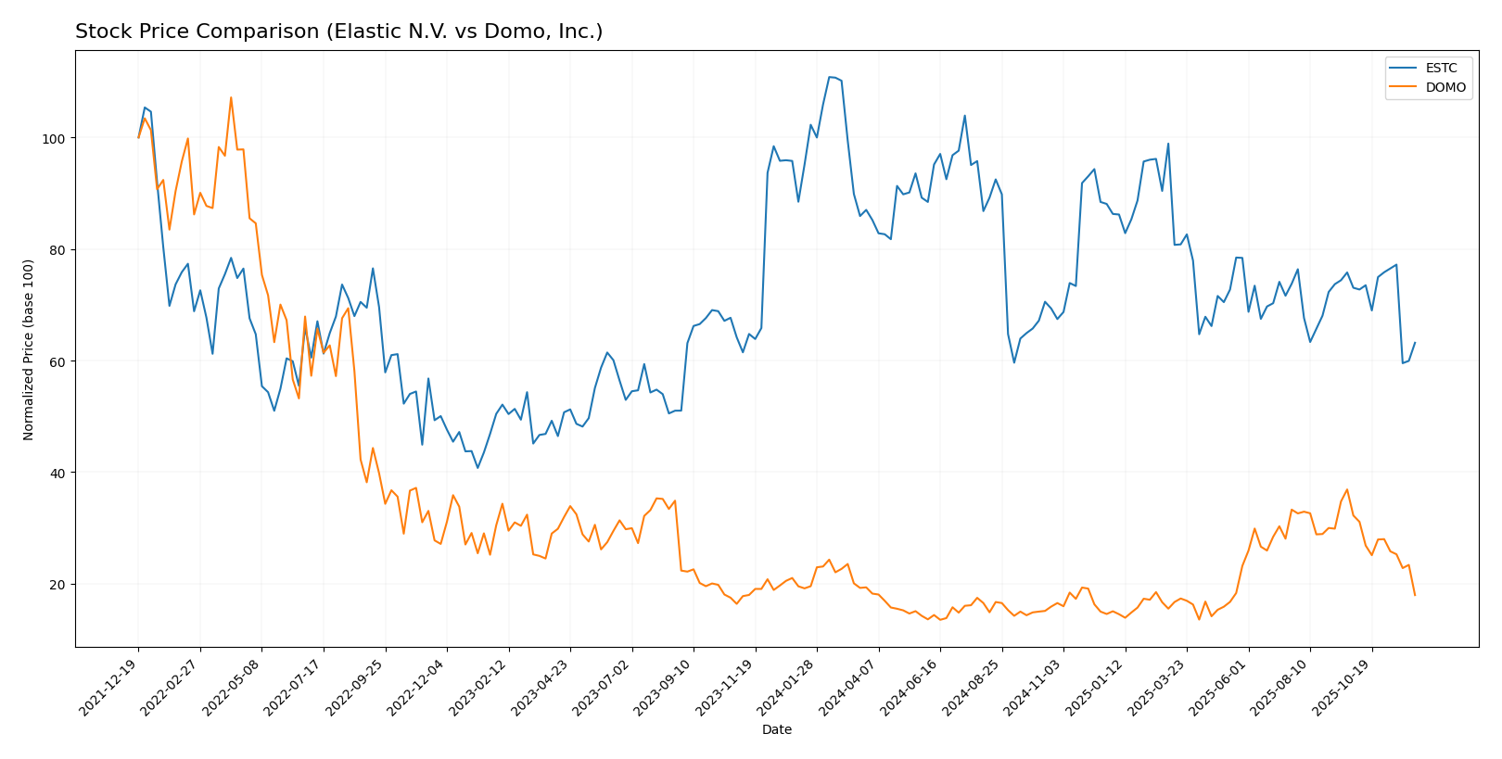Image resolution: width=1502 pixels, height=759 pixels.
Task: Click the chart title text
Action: point(338,32)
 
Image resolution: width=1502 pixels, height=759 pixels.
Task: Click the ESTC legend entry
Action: point(1427,69)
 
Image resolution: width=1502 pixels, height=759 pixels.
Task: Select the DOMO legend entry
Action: point(1427,88)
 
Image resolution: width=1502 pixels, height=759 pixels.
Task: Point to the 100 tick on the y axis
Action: point(57,138)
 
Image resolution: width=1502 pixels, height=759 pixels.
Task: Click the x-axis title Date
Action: point(776,730)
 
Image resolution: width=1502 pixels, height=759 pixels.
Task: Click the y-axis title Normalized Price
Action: point(29,349)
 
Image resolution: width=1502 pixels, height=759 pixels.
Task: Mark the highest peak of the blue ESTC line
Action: point(830,77)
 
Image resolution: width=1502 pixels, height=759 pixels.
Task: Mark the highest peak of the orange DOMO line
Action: point(231,97)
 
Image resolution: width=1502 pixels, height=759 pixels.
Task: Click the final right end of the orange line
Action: point(1415,595)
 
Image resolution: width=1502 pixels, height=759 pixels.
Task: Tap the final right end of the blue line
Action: point(1415,343)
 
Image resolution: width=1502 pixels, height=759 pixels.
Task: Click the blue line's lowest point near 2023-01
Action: point(477,467)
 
